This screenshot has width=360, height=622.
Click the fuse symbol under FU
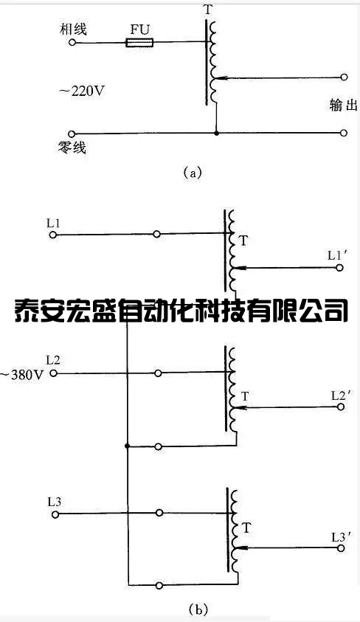[x=139, y=43]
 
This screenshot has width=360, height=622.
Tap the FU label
[x=140, y=30]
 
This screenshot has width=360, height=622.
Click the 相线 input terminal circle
[x=72, y=41]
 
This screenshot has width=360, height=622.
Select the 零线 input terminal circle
[x=72, y=134]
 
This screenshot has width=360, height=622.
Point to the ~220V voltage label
[x=82, y=91]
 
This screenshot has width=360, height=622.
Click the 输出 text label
[x=343, y=105]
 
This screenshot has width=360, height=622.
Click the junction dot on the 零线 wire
[x=216, y=134]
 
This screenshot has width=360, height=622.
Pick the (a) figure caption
[x=193, y=173]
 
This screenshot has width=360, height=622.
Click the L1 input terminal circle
[x=52, y=235]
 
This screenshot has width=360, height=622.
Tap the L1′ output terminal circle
[x=339, y=268]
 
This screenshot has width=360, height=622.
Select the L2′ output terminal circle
[x=341, y=407]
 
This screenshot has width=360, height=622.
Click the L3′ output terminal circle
[x=340, y=548]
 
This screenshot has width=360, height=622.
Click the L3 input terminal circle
[x=55, y=514]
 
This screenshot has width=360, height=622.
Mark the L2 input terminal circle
[x=53, y=373]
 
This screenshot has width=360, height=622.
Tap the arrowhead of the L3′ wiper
[x=241, y=548]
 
